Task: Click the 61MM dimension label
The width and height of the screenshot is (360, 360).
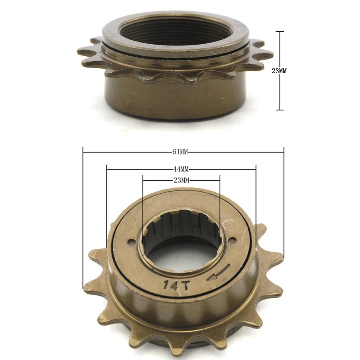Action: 180,152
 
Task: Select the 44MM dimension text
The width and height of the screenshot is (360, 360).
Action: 181,169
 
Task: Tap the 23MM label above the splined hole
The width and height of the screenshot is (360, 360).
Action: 181,180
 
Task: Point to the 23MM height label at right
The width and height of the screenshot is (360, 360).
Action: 279,71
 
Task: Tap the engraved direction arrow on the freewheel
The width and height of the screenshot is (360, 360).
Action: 218,273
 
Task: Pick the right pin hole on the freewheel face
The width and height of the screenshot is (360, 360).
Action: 231,240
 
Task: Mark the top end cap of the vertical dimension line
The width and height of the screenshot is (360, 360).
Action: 279,32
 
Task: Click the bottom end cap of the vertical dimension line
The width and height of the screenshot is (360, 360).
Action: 279,110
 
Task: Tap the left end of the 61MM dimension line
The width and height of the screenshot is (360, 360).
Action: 83,152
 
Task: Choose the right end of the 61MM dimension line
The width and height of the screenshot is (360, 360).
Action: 284,152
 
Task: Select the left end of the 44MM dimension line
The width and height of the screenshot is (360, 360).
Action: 107,169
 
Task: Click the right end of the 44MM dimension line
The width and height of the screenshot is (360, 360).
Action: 256,169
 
